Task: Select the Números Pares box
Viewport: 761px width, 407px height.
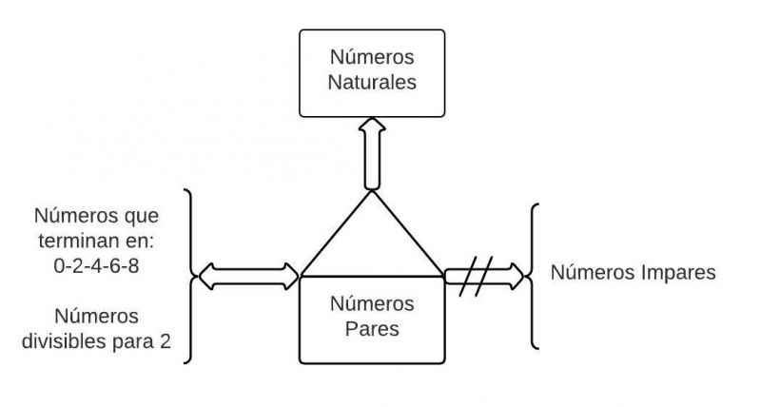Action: point(371,320)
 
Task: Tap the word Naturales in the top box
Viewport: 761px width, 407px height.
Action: point(372,83)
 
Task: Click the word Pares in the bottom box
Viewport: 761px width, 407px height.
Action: point(372,330)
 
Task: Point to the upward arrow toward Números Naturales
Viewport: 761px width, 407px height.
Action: point(371,152)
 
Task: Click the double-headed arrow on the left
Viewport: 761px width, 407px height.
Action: point(246,278)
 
